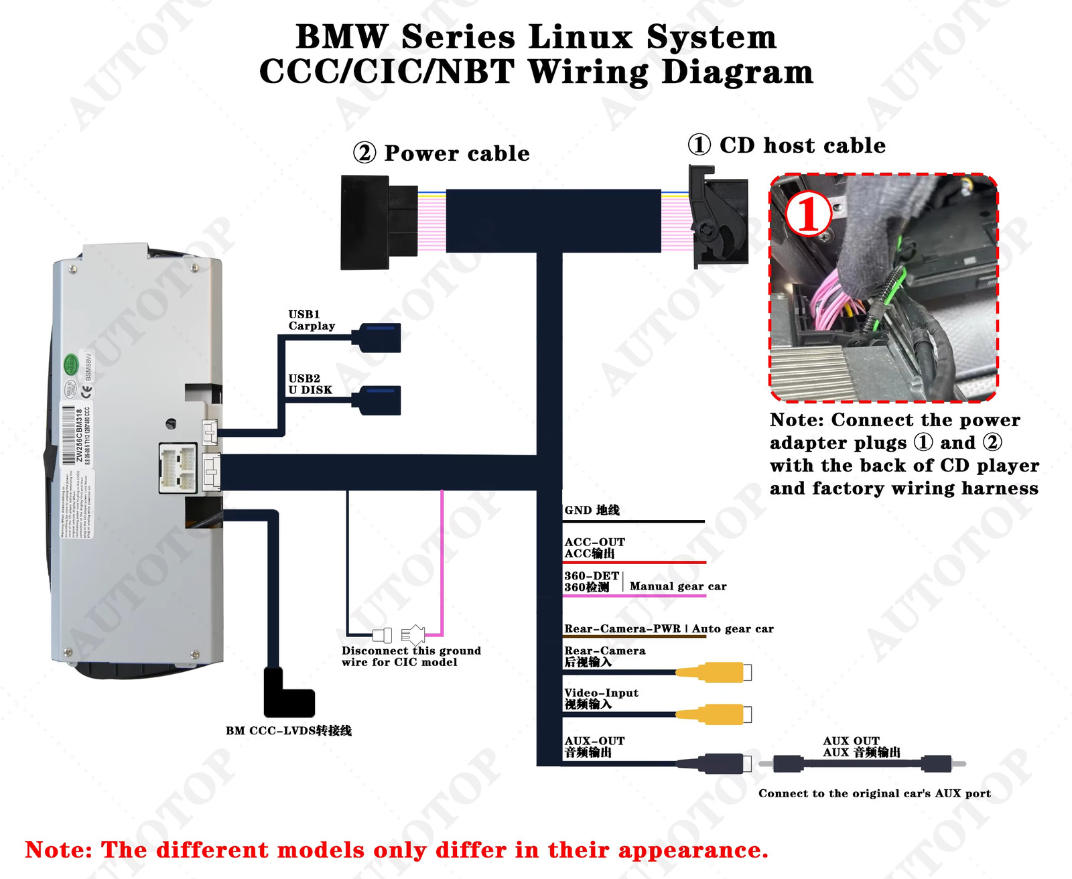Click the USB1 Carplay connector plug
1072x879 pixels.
point(380,338)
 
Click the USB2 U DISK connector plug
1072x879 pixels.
point(380,400)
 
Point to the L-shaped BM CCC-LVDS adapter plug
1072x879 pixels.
point(288,697)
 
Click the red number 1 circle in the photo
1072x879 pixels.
point(809,214)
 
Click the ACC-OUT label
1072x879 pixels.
point(594,542)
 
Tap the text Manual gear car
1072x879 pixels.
point(678,586)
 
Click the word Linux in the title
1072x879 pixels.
point(580,37)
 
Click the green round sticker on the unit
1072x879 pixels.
point(71,364)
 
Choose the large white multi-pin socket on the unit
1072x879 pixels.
point(178,467)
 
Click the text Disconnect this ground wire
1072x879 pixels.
point(410,656)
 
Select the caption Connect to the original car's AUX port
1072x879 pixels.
point(874,793)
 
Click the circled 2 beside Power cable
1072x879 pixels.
point(364,153)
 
